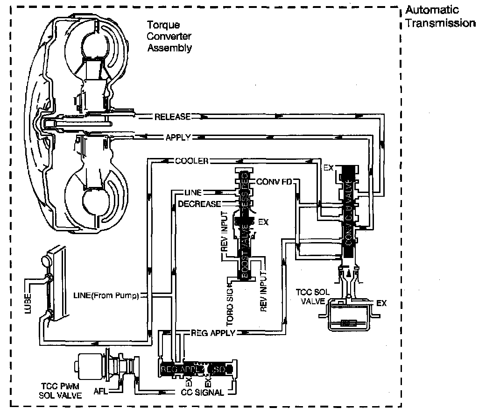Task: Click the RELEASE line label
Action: (x=172, y=117)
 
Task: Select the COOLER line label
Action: (x=191, y=161)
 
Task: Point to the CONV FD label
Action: (x=274, y=181)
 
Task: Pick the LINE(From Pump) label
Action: (x=106, y=295)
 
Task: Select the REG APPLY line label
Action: (x=213, y=333)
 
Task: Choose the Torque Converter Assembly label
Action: (x=169, y=36)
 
